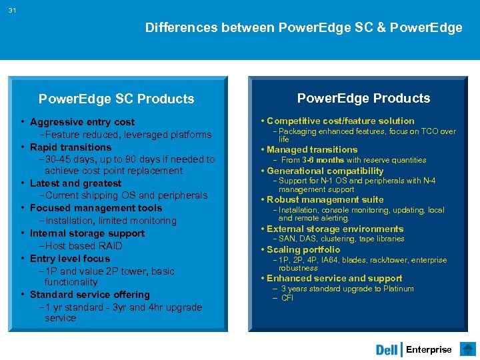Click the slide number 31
coord(13,11)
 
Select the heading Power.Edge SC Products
coord(117,99)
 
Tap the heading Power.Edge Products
coord(363,99)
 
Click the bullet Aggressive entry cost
coord(82,122)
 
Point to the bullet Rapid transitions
coord(71,147)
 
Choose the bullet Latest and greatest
coord(75,183)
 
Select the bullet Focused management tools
coord(96,208)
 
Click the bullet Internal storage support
coord(87,233)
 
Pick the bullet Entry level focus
coord(70,259)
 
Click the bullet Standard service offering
coord(90,295)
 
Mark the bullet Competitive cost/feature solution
coord(340,121)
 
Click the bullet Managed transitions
coord(312,149)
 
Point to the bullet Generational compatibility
coord(325,171)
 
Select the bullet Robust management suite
coord(325,199)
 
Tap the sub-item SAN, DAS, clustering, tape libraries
coord(341,239)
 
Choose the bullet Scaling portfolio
coord(303,249)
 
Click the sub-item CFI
coord(287,298)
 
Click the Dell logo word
coord(387,350)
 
